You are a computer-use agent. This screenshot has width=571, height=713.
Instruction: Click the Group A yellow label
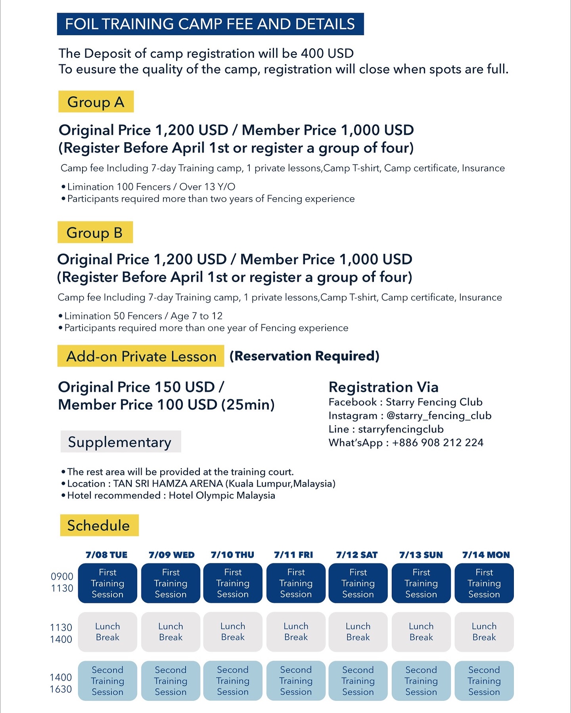click(x=96, y=102)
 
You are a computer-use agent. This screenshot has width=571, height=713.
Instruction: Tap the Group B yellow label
click(x=95, y=233)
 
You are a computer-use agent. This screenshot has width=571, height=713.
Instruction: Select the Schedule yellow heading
click(x=99, y=525)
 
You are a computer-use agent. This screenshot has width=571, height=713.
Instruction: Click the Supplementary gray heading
click(x=121, y=442)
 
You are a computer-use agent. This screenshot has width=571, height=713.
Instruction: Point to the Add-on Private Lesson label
click(x=141, y=356)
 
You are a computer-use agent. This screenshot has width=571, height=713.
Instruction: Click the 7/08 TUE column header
click(x=107, y=555)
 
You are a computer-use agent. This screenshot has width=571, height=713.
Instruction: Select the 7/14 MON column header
click(x=486, y=555)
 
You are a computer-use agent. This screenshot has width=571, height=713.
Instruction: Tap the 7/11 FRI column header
click(x=293, y=555)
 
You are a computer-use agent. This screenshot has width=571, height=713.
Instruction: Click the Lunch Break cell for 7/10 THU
click(x=233, y=632)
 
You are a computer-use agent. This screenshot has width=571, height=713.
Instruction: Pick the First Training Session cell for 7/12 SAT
click(x=358, y=583)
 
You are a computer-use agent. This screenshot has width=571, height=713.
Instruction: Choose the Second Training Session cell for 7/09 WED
click(x=171, y=681)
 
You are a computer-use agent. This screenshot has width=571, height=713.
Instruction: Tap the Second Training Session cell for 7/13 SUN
click(x=421, y=681)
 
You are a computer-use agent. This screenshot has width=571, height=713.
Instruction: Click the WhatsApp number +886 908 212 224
click(x=438, y=442)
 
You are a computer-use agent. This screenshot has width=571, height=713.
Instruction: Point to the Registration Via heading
click(x=383, y=387)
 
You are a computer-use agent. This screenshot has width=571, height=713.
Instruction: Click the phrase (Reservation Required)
click(x=305, y=356)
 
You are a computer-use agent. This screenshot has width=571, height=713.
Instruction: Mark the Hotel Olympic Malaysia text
click(x=222, y=496)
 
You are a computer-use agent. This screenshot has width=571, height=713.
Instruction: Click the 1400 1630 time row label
click(x=61, y=683)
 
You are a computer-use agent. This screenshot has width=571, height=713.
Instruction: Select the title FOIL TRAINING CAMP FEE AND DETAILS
click(x=210, y=24)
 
